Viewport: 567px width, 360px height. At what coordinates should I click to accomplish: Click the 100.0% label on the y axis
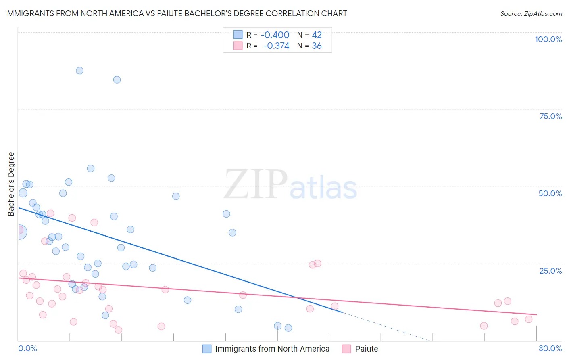(548, 39)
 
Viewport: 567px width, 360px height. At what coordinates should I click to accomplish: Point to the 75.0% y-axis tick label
(550, 116)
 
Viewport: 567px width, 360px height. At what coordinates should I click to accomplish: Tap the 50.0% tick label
(550, 193)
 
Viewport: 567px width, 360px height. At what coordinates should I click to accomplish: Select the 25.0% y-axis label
(550, 270)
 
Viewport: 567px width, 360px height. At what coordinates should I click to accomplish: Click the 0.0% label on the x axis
(27, 348)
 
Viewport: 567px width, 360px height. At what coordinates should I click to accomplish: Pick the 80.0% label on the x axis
(550, 348)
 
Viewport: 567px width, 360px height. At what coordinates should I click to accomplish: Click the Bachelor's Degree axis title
(11, 184)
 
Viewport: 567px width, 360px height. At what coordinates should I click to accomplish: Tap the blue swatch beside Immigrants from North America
(207, 349)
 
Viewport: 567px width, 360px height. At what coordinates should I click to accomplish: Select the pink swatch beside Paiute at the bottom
(346, 349)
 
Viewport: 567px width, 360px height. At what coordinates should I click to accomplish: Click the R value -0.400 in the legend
(275, 35)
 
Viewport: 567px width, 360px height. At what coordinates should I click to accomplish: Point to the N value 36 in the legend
(317, 46)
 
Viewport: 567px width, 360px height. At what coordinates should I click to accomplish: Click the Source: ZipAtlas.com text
(531, 13)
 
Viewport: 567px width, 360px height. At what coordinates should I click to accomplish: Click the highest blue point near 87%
(79, 71)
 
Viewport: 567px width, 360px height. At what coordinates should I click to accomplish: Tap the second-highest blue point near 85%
(117, 80)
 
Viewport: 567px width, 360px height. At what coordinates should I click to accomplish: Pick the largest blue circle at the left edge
(19, 232)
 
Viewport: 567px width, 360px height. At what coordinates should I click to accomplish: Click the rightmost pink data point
(529, 319)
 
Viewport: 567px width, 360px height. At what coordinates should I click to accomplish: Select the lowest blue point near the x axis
(288, 328)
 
